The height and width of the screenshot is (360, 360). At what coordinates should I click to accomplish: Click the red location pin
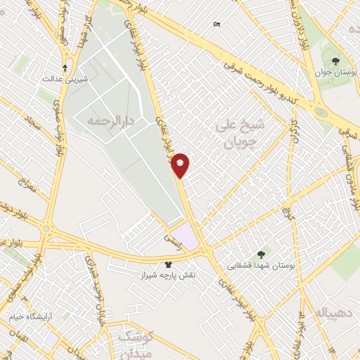(x=181, y=165)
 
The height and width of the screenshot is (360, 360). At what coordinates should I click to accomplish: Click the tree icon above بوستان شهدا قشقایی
(x=261, y=255)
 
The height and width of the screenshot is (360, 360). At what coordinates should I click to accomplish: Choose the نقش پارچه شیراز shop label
(x=168, y=276)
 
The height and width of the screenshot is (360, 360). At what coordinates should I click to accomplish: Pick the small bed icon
(x=217, y=25)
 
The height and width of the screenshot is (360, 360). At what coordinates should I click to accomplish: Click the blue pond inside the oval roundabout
(x=321, y=111)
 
